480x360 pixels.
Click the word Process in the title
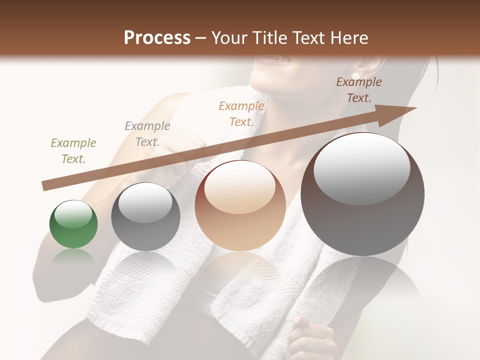point(157,38)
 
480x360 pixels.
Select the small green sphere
point(73,224)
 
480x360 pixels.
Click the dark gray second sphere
point(145,217)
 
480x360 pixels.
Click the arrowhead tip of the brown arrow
point(415,108)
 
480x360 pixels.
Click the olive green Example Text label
point(73,150)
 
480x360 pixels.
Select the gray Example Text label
point(147,133)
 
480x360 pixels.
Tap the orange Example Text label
point(241,113)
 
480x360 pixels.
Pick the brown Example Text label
point(358,89)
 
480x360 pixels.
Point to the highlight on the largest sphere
point(361,170)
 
